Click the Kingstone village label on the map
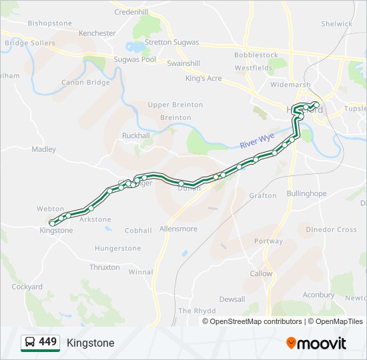(57, 231)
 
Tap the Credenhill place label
(131, 12)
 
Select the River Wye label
(257, 141)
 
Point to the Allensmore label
(178, 229)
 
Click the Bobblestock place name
(256, 55)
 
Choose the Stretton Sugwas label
(172, 43)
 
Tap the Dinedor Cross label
(331, 229)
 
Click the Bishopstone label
(49, 23)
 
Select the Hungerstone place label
(117, 249)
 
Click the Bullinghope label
(306, 194)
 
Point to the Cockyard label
(27, 287)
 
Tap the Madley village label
(44, 149)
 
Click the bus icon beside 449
(29, 343)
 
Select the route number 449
(47, 342)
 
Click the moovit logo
(316, 343)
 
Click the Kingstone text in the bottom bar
(90, 343)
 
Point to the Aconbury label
(318, 295)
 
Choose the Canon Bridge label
(85, 83)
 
